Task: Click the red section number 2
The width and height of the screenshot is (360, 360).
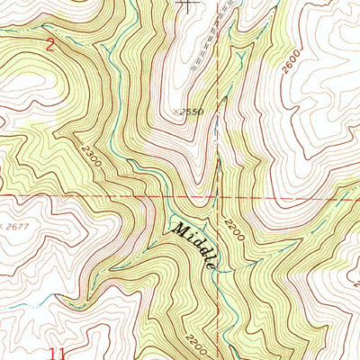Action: (50, 42)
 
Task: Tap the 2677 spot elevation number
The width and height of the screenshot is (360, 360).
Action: (18, 222)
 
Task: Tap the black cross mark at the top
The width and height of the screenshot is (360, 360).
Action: (187, 4)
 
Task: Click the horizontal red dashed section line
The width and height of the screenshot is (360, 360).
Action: (90, 193)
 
